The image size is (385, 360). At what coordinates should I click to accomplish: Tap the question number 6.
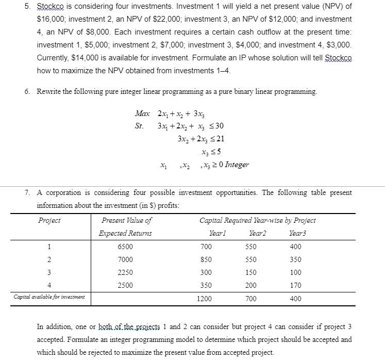[x=27, y=92]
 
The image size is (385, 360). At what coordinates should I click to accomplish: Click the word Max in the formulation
[x=142, y=113]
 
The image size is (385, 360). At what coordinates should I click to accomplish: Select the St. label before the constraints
[x=140, y=126]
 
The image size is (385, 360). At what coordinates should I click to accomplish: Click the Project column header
[x=49, y=221]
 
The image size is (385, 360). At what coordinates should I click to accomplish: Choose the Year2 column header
[x=258, y=234]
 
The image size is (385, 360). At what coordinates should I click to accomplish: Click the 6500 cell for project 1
[x=125, y=247]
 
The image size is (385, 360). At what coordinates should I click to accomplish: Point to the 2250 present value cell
[x=125, y=272]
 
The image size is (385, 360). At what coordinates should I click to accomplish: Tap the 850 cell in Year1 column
[x=206, y=259]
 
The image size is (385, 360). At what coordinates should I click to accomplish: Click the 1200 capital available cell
[x=206, y=299]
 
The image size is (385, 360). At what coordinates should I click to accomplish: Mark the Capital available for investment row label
[x=49, y=297]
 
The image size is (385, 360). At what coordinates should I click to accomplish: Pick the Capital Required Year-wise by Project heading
[x=258, y=221]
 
